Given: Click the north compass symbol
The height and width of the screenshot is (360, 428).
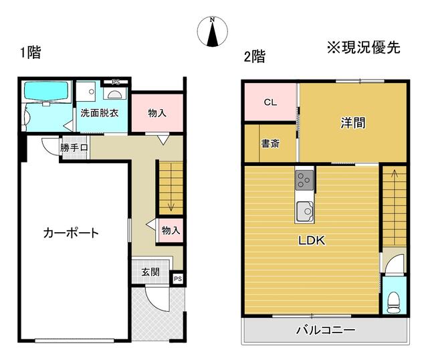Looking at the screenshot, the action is (213, 31).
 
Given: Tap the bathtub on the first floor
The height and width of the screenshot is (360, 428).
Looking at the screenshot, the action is (46, 91).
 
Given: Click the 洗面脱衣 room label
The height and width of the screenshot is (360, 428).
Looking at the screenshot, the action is (100, 113).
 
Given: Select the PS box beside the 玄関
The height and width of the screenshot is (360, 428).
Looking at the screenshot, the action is (178, 279).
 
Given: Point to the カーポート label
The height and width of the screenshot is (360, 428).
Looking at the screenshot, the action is (71, 233).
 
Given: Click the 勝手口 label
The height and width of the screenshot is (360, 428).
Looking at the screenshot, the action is (74, 148).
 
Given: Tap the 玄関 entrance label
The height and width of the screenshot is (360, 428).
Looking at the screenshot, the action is (150, 272).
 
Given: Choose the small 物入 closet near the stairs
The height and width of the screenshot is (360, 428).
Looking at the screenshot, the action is (171, 230).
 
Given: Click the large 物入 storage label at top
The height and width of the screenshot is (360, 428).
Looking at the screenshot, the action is (157, 113).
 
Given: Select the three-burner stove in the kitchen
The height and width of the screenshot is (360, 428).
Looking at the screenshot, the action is (304, 180).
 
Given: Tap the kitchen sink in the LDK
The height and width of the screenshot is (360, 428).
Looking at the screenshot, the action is (304, 211).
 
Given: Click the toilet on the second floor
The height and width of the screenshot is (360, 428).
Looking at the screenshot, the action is (393, 302).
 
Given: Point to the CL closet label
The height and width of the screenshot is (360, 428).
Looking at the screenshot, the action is (270, 102).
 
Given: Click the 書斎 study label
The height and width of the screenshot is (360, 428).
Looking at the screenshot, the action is (270, 143).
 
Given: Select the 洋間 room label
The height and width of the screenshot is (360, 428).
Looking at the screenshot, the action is (353, 122).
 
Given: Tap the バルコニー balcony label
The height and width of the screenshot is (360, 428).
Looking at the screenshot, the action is (326, 330).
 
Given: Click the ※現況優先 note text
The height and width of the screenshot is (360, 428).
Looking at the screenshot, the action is (364, 48).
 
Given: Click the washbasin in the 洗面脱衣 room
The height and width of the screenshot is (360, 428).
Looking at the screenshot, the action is (114, 94).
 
